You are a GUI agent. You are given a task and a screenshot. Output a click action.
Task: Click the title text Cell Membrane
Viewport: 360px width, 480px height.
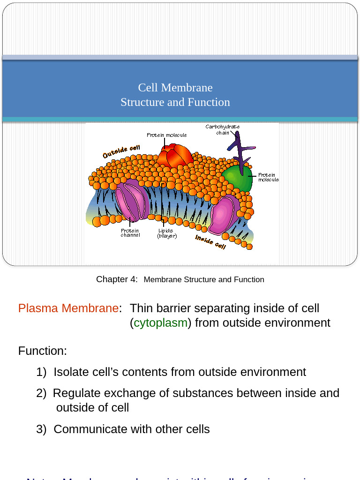pos(175,88)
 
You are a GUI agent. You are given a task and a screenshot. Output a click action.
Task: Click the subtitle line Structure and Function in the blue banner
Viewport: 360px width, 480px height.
pos(175,102)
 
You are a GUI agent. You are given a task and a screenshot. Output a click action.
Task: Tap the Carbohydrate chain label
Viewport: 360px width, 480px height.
pos(223,129)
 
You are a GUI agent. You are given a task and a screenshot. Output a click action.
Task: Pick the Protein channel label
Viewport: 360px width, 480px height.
pos(130,232)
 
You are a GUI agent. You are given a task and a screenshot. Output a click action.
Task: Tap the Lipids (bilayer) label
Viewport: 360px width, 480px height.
pos(167,233)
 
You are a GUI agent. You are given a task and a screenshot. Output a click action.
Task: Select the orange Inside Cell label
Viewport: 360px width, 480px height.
pos(210,242)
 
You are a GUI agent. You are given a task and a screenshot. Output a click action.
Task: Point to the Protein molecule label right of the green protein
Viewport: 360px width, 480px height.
pos(268,177)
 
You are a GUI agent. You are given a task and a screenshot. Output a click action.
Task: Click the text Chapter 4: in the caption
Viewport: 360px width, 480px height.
pos(117,279)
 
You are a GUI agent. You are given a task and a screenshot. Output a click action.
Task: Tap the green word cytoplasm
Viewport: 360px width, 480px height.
pos(160,323)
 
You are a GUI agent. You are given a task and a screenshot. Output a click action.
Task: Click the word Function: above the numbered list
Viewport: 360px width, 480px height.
pos(43,351)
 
